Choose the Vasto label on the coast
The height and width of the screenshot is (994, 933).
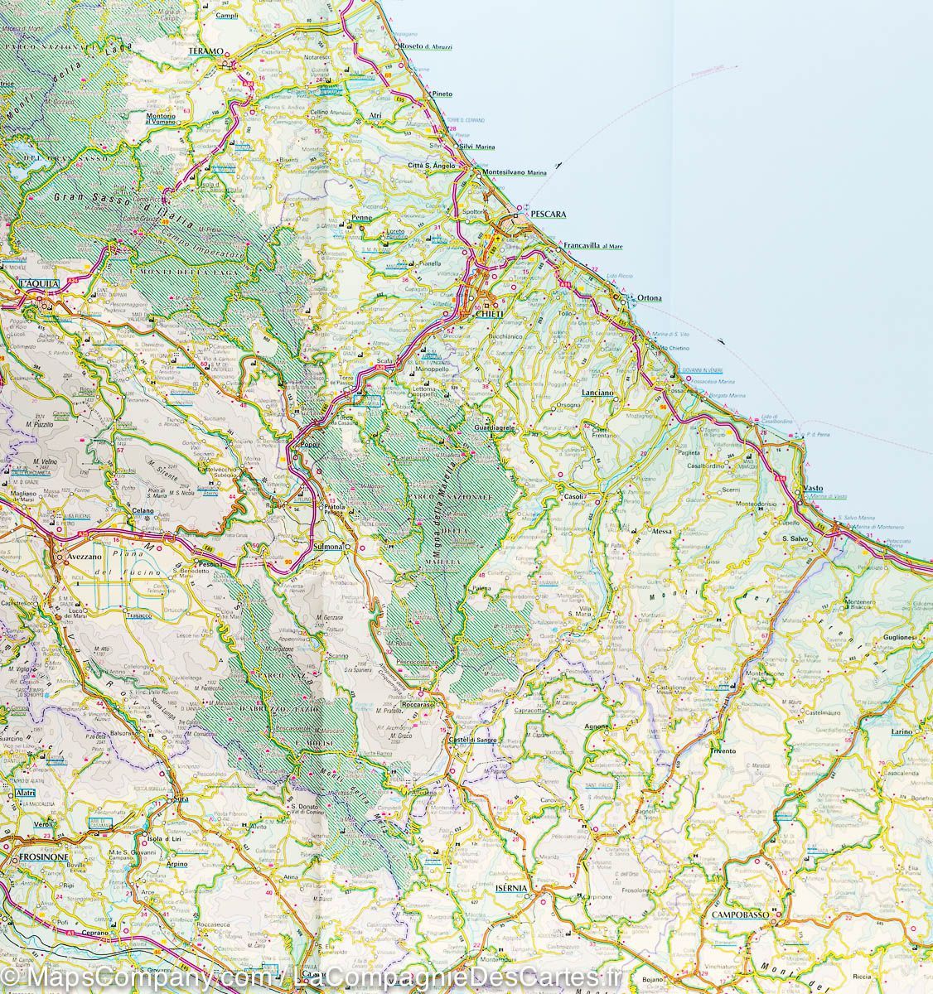[x=814, y=489]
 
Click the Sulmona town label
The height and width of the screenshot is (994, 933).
[x=329, y=548]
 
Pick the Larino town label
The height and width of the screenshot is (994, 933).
[x=901, y=732]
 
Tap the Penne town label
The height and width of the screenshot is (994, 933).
[x=361, y=217]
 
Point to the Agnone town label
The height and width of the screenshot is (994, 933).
[x=596, y=726]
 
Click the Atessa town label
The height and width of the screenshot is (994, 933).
[x=662, y=532]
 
